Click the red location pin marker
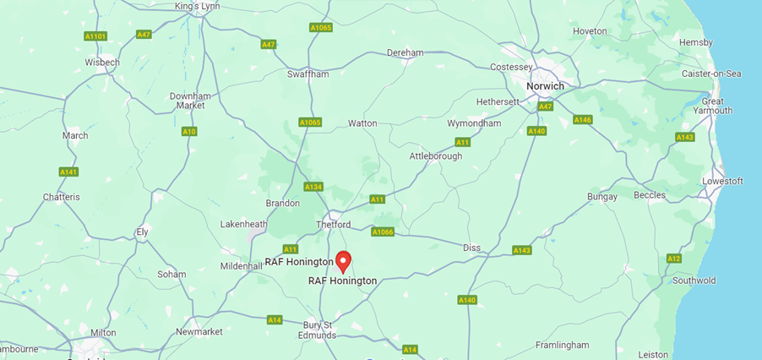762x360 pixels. [x=343, y=260]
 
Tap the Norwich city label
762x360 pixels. [x=545, y=86]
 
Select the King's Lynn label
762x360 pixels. [x=198, y=7]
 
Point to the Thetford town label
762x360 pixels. [x=333, y=225]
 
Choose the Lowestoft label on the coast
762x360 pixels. [x=722, y=181]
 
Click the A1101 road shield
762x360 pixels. [x=95, y=36]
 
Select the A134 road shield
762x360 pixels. [x=314, y=187]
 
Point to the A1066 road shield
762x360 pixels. [x=383, y=232]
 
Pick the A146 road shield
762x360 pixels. [x=583, y=120]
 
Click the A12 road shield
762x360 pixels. [x=673, y=259]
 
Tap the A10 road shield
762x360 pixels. [x=189, y=132]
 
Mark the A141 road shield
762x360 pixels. [x=69, y=172]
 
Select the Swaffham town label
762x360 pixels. [x=308, y=74]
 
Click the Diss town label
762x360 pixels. [x=471, y=248]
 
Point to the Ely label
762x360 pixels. [x=143, y=232]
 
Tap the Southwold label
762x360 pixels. [x=694, y=281]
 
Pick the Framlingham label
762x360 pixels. [x=562, y=345]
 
